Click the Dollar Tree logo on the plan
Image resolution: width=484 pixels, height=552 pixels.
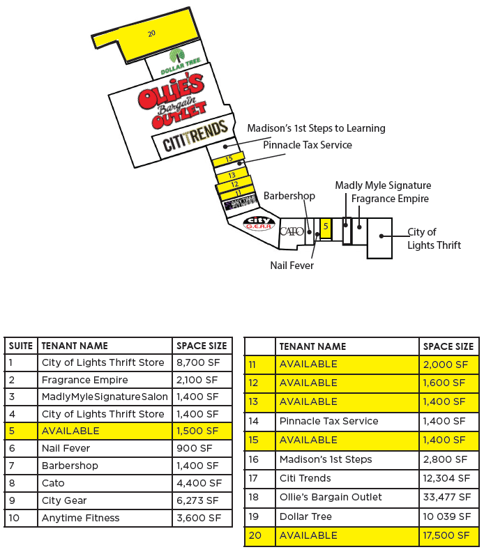pos(180,62)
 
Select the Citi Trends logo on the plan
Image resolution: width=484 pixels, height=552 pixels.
pos(195,137)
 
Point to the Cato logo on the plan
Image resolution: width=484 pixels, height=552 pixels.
pos(291,231)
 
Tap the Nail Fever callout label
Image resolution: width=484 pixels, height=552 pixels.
pos(292,266)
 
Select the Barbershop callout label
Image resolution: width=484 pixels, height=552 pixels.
pos(289,196)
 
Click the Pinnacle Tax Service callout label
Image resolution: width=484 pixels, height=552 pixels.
pos(307,145)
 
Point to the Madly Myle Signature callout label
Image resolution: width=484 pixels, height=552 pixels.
pos(383,185)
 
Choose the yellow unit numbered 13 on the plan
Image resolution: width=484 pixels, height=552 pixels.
pos(232,175)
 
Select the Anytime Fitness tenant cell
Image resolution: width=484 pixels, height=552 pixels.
pos(81,518)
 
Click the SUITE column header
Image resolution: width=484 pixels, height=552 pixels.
pos(21,345)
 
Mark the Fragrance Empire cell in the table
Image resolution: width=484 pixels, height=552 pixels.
pos(85,380)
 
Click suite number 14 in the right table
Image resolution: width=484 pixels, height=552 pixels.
pos(253,421)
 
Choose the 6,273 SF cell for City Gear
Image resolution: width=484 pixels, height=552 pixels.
pos(199,500)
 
